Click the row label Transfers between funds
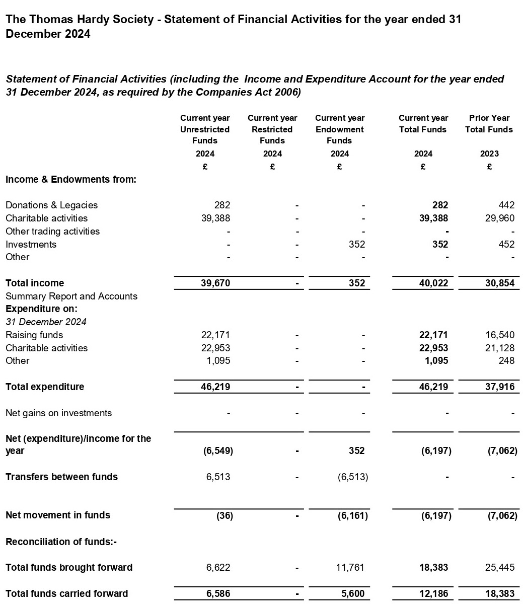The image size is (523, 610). (61, 477)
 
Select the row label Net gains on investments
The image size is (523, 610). (58, 413)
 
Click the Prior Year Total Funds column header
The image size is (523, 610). (489, 124)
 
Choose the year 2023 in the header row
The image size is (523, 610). (489, 154)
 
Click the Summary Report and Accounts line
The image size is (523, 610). (71, 296)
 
